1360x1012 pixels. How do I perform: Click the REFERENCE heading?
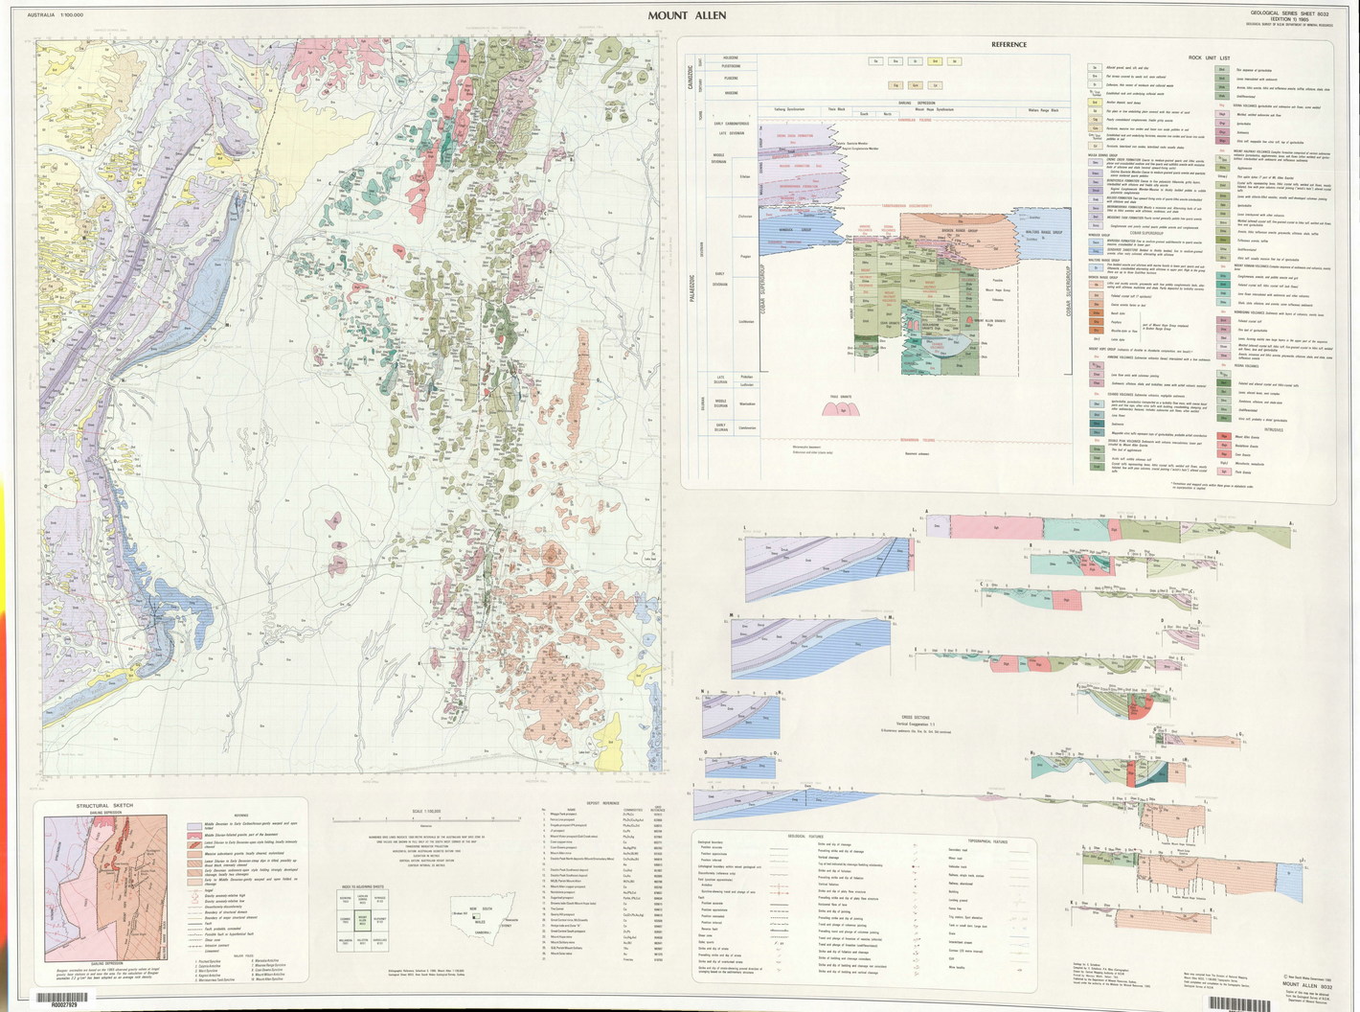coord(1009,44)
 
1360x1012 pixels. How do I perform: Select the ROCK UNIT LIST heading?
coord(1208,57)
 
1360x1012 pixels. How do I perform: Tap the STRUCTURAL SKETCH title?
coord(105,806)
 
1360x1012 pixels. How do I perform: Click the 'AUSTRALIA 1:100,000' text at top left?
coord(55,16)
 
